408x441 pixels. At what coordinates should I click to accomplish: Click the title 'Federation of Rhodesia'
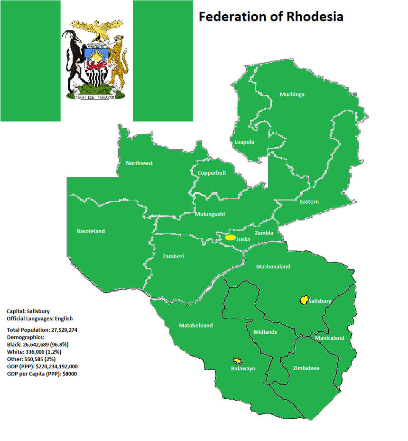pyautogui.click(x=270, y=17)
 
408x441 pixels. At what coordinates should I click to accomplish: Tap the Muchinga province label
pyautogui.click(x=292, y=94)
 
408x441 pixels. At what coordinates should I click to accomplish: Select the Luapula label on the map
pyautogui.click(x=244, y=142)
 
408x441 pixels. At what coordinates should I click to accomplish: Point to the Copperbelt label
pyautogui.click(x=212, y=173)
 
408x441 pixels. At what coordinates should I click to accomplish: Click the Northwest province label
pyautogui.click(x=139, y=163)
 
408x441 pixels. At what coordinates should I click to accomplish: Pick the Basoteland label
pyautogui.click(x=91, y=231)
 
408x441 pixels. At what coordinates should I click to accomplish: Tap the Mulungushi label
pyautogui.click(x=210, y=214)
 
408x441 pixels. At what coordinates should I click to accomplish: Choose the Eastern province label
pyautogui.click(x=309, y=202)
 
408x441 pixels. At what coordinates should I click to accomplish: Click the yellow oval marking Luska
pyautogui.click(x=230, y=237)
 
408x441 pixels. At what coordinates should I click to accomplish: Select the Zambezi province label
pyautogui.click(x=173, y=256)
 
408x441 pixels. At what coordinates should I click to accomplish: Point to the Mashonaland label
pyautogui.click(x=273, y=267)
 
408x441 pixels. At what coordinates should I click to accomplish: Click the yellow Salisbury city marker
pyautogui.click(x=303, y=300)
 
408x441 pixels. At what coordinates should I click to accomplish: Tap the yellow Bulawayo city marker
pyautogui.click(x=236, y=361)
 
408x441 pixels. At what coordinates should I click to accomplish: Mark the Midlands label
pyautogui.click(x=265, y=332)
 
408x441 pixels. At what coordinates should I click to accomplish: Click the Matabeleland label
pyautogui.click(x=196, y=326)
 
